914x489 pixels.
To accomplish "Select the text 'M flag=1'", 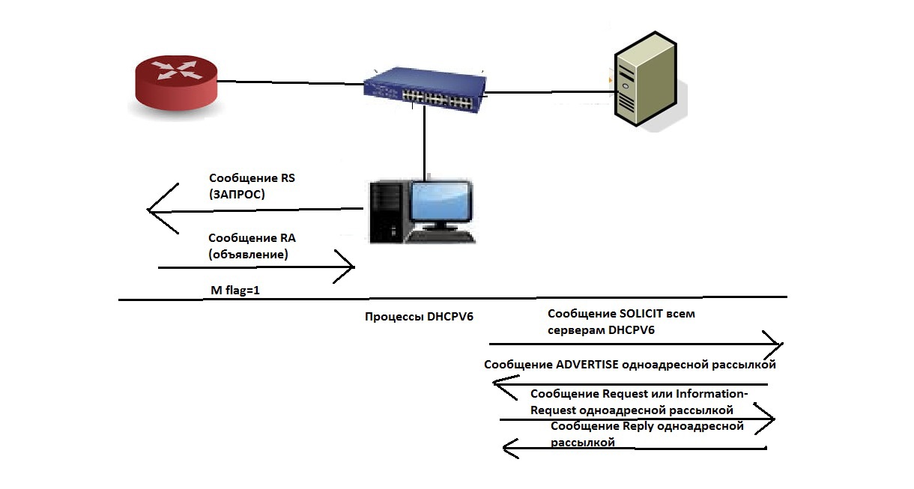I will [x=234, y=289].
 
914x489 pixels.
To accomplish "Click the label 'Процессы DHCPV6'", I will [x=419, y=317].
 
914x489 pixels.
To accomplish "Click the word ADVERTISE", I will [x=587, y=365].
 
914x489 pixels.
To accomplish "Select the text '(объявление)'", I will [x=249, y=255].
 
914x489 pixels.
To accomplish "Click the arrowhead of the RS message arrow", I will [x=153, y=210].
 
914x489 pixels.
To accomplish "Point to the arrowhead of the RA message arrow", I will [x=349, y=267].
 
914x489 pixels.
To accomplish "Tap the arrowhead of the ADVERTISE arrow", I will [x=497, y=385].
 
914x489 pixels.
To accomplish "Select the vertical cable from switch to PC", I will [x=424, y=142].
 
